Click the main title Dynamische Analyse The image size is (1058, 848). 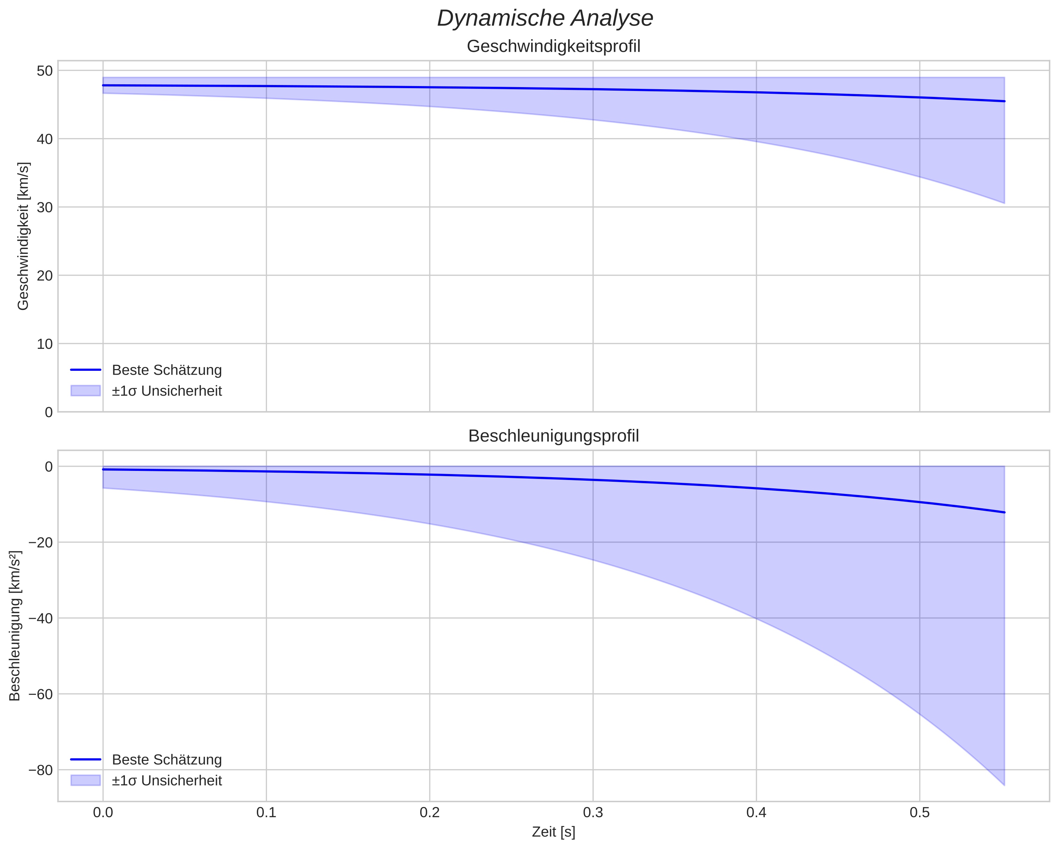[x=545, y=19]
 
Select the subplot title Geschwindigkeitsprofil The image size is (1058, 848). [x=553, y=47]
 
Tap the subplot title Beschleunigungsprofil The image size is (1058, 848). [x=553, y=436]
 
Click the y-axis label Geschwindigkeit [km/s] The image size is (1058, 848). [x=23, y=236]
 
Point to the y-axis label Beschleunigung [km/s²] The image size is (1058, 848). [x=15, y=626]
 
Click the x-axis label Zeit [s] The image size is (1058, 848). [x=553, y=832]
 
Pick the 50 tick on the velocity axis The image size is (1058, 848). [x=45, y=71]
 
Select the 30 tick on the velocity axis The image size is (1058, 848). [x=45, y=207]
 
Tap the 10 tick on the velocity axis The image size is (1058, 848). [x=45, y=344]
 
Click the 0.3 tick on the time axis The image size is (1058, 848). [x=593, y=813]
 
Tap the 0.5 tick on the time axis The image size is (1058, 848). [x=919, y=813]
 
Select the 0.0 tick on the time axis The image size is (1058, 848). [x=103, y=813]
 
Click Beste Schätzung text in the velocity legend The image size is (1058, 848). [x=167, y=370]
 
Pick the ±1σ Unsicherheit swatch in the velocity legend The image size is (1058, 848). [x=85, y=391]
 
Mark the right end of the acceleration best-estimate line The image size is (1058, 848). [x=1004, y=512]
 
